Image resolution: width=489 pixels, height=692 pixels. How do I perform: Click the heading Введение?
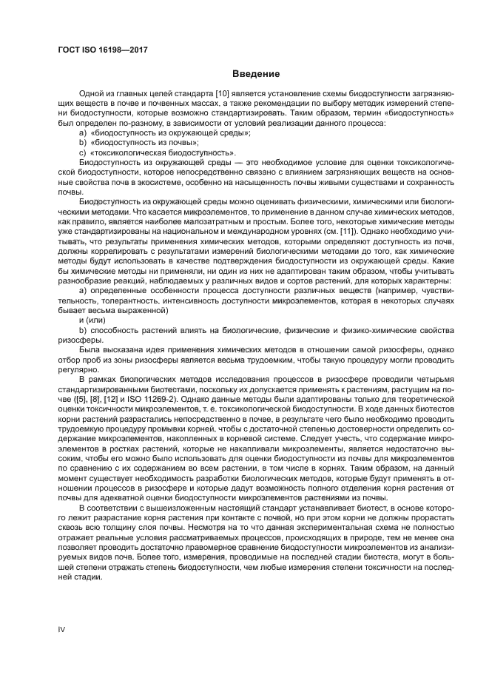254,74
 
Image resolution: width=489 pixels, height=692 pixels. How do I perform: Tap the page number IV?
62,628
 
